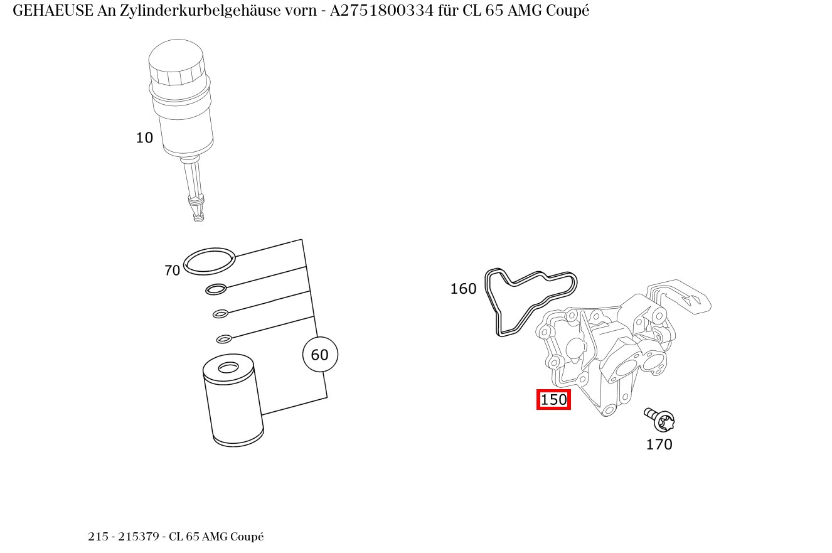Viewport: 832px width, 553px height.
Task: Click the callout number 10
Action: click(x=144, y=138)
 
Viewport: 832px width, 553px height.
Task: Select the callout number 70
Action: click(x=172, y=271)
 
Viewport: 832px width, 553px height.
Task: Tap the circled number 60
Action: click(x=320, y=355)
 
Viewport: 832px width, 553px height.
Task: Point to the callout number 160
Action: click(x=463, y=289)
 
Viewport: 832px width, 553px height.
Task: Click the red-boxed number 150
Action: click(x=553, y=400)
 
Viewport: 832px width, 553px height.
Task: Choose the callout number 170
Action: click(x=659, y=444)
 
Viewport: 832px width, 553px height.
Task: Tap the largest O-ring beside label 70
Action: click(x=210, y=261)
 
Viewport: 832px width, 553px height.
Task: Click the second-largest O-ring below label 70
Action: click(x=216, y=289)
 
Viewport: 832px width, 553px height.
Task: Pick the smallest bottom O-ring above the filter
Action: click(x=224, y=340)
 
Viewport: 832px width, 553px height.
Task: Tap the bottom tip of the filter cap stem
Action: click(x=198, y=218)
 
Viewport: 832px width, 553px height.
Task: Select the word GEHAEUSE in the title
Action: click(x=53, y=11)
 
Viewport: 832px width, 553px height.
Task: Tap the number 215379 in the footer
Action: click(x=139, y=537)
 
